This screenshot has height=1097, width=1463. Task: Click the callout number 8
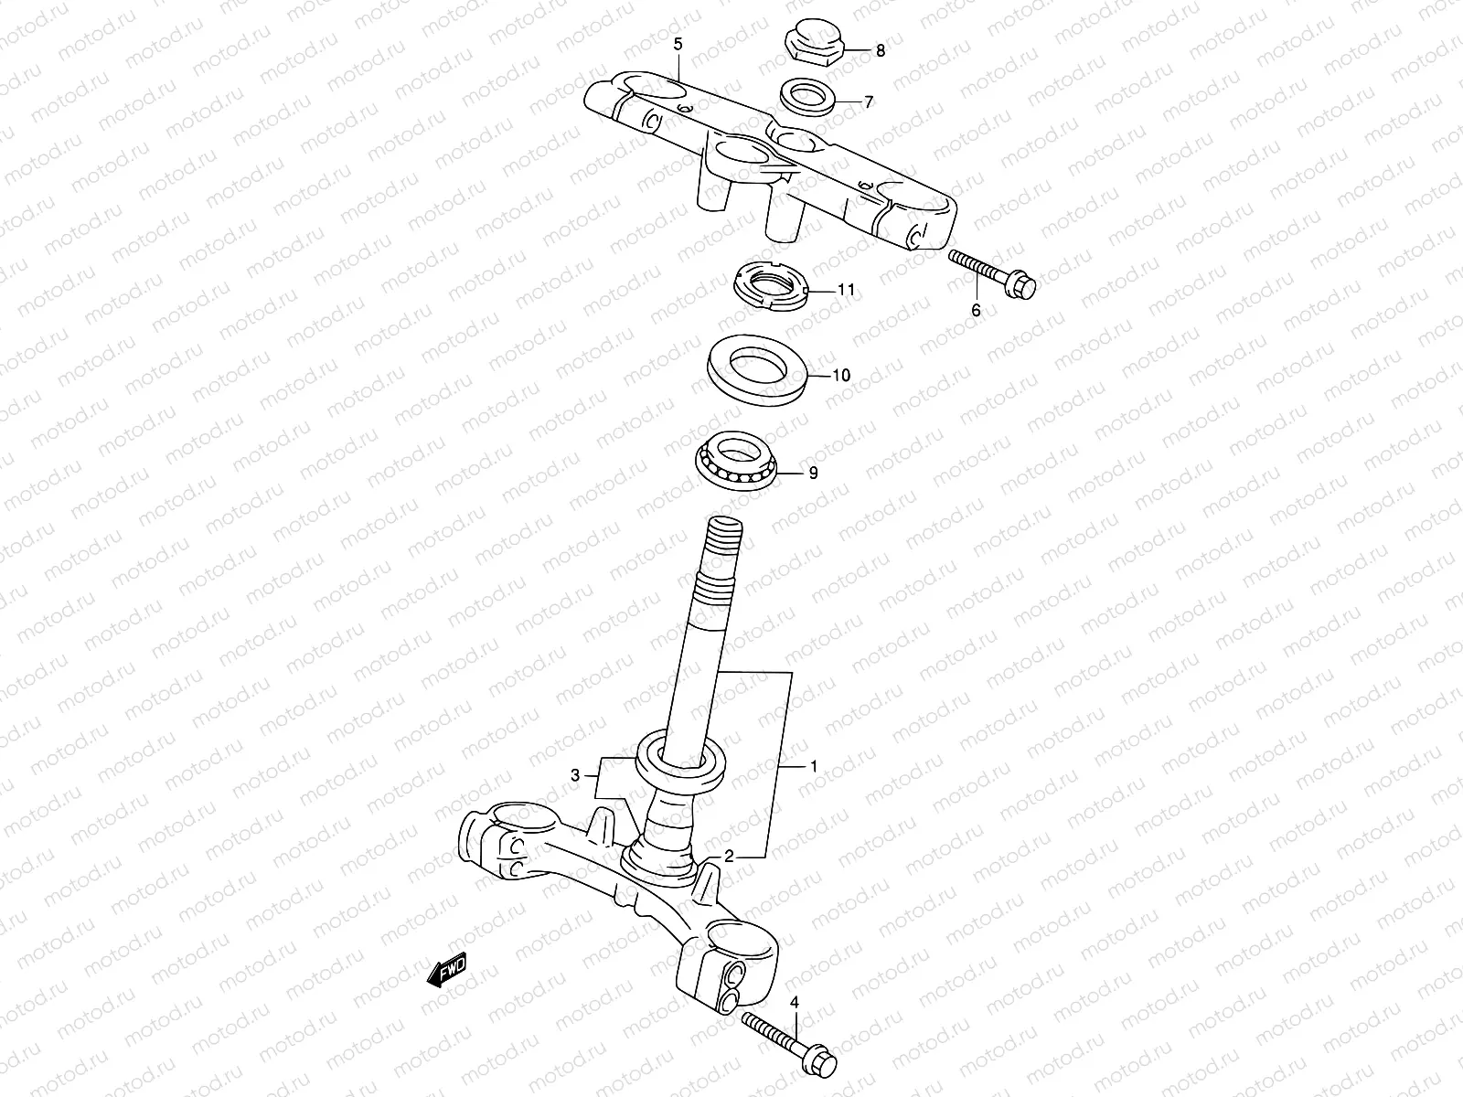pyautogui.click(x=881, y=51)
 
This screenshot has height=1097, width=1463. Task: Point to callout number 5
pyautogui.click(x=678, y=44)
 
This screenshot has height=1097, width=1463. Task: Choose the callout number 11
pyautogui.click(x=846, y=290)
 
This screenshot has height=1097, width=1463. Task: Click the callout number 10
pyautogui.click(x=841, y=375)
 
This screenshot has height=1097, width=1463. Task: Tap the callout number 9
pyautogui.click(x=813, y=473)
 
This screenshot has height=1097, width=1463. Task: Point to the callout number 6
pyautogui.click(x=976, y=311)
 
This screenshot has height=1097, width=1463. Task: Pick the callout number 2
pyautogui.click(x=729, y=857)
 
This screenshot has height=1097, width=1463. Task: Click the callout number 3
pyautogui.click(x=575, y=775)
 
